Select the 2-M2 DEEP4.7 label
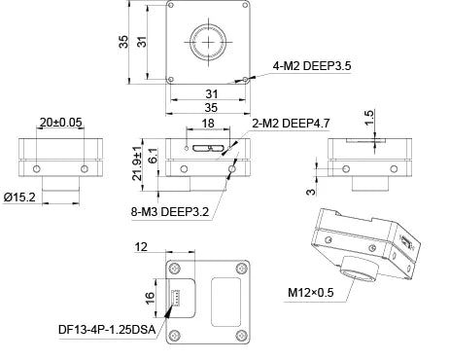click(x=293, y=125)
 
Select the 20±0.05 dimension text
click(x=60, y=124)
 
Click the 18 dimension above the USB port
click(x=207, y=125)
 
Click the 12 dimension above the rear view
click(x=143, y=248)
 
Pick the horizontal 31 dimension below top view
click(x=209, y=92)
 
